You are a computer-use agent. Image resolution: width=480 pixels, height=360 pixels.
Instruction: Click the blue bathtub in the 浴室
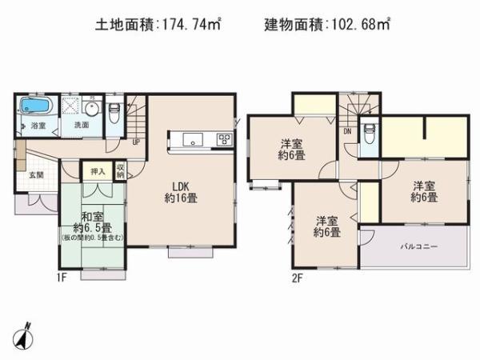(36, 106)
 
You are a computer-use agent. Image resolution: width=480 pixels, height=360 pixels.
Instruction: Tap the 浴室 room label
(38, 126)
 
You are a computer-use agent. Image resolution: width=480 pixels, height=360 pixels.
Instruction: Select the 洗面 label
(81, 126)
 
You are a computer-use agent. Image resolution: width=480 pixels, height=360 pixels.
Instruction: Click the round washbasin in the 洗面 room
(91, 108)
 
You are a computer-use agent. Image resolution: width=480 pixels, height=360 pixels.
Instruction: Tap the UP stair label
(135, 141)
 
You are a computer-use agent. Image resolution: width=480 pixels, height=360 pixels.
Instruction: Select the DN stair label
(348, 130)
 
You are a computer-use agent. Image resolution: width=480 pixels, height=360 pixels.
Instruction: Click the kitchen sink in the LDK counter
(194, 140)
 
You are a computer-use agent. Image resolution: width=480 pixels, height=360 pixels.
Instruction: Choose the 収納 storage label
(120, 170)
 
